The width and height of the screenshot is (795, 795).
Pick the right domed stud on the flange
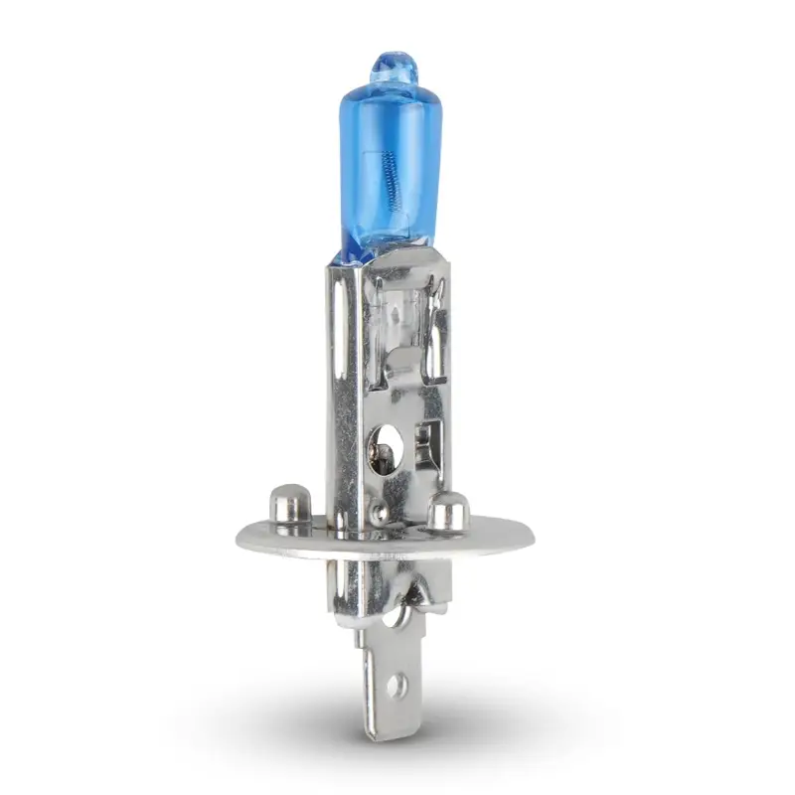(447, 510)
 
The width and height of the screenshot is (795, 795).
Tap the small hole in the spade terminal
(397, 683)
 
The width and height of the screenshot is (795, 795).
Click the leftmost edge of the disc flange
(237, 537)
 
